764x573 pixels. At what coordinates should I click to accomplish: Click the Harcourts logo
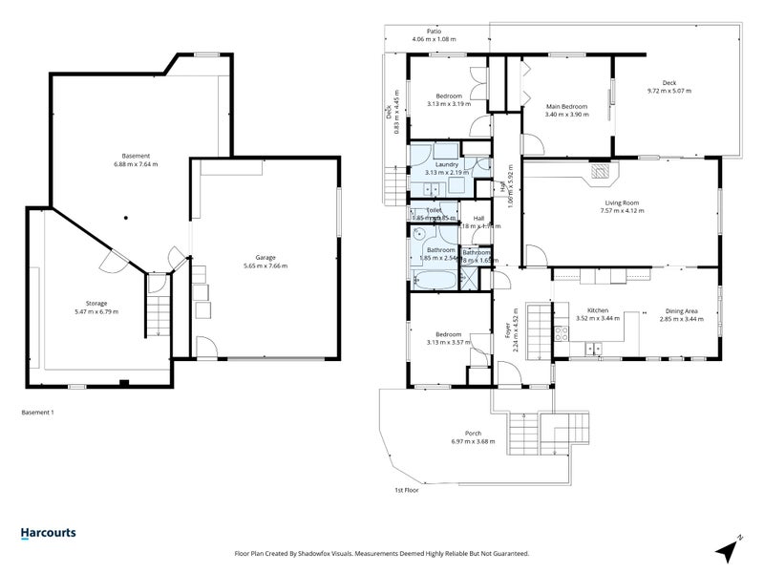pyautogui.click(x=49, y=534)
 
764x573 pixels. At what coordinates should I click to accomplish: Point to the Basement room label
pyautogui.click(x=136, y=156)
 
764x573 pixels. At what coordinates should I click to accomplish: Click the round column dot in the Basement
pyautogui.click(x=124, y=216)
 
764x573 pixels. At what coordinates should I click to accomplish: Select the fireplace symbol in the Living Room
pyautogui.click(x=600, y=172)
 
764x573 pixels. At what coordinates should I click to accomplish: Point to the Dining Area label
pyautogui.click(x=681, y=310)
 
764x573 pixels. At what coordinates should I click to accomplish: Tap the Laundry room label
pyautogui.click(x=448, y=164)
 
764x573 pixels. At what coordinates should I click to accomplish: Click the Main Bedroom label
pyautogui.click(x=566, y=106)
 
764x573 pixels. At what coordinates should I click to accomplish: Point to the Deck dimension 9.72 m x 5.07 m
pyautogui.click(x=668, y=91)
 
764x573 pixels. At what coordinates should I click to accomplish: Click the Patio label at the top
pyautogui.click(x=434, y=31)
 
